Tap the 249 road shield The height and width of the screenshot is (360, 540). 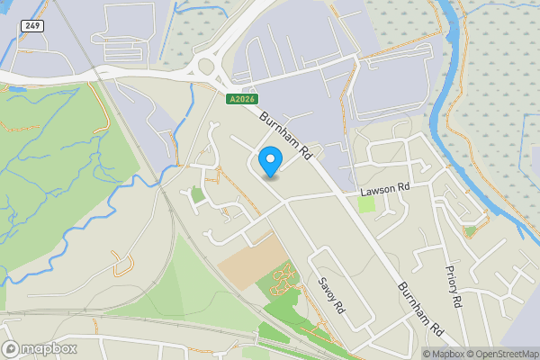point(32,25)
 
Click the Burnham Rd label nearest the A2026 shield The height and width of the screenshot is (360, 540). point(285,135)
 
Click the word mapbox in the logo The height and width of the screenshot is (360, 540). point(49,348)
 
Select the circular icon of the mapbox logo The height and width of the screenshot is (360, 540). point(11,348)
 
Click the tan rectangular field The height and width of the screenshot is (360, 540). point(248,256)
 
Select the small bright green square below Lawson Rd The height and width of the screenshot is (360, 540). point(366,204)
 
